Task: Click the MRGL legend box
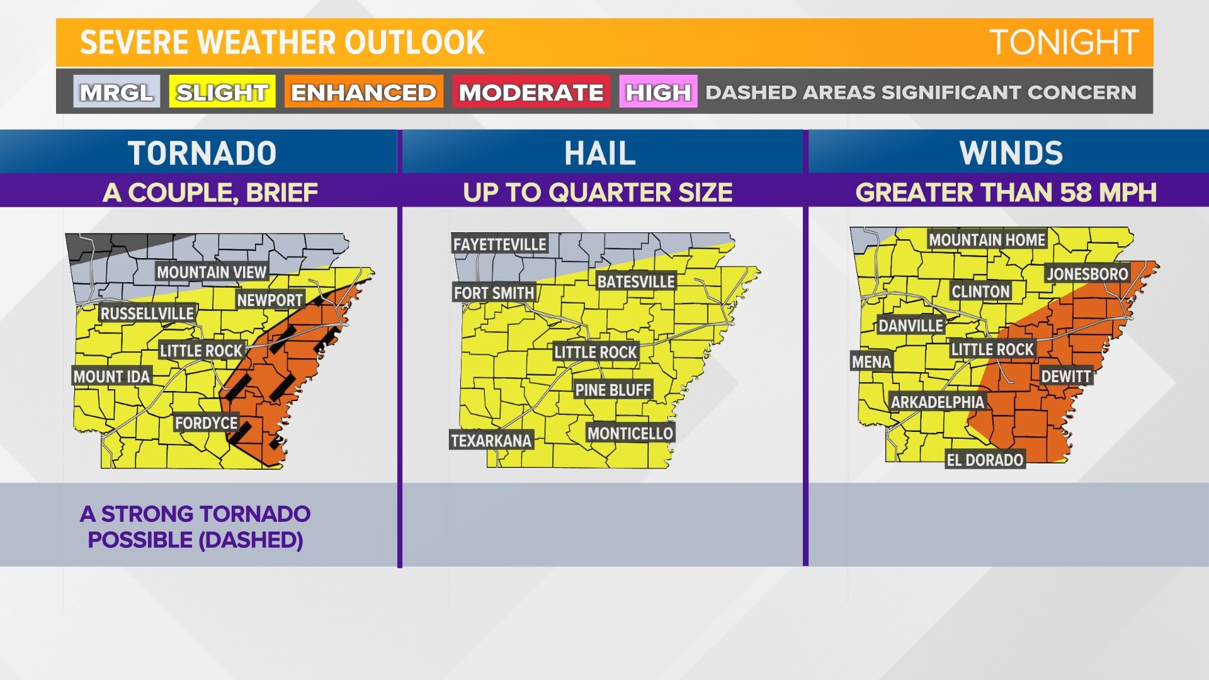(x=116, y=92)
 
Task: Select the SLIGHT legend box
(x=222, y=92)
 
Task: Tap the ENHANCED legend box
(x=363, y=92)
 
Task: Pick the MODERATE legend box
(x=531, y=92)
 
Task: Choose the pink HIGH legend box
(x=658, y=92)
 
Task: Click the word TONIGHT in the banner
(x=1063, y=43)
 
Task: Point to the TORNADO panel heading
(x=202, y=153)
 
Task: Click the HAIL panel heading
(x=600, y=153)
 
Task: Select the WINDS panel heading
(x=1011, y=153)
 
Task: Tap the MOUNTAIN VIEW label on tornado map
(x=212, y=272)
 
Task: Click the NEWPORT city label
(x=270, y=300)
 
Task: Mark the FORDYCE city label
(x=206, y=423)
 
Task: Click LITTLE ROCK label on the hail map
(x=595, y=352)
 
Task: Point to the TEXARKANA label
(x=491, y=440)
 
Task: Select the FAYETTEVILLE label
(x=499, y=244)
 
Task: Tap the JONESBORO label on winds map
(x=1087, y=274)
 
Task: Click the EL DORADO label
(x=985, y=460)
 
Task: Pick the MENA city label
(x=871, y=362)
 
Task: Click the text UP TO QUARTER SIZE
(x=598, y=193)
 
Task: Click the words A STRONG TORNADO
(x=195, y=514)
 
